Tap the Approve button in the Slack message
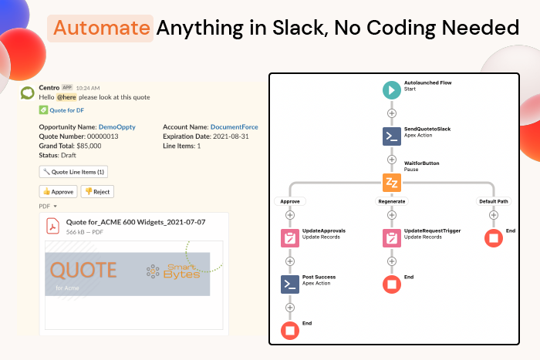pos(58,191)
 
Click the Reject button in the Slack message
pos(98,191)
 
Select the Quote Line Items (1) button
pos(74,172)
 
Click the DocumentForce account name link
pos(234,126)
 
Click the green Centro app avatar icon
pos(27,93)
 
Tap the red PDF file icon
pos(54,226)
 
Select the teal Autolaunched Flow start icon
pos(392,89)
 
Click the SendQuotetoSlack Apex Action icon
pos(392,136)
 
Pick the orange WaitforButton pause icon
pos(392,183)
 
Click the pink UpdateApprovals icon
pos(290,238)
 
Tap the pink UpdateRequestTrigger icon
pos(392,238)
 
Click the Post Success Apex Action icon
pos(290,284)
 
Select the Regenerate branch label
pos(392,201)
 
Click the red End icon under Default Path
pos(493,238)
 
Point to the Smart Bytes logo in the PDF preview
pos(173,271)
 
